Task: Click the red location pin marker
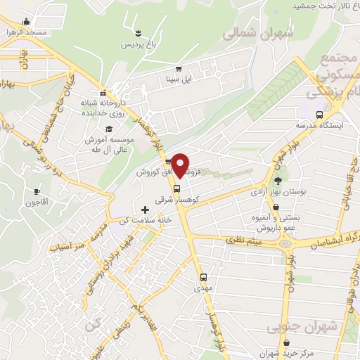click(x=181, y=165)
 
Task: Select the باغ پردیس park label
click(x=137, y=45)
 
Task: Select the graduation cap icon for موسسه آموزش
click(x=110, y=129)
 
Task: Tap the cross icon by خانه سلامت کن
click(x=146, y=209)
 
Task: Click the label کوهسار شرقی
click(x=177, y=200)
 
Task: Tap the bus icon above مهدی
click(x=203, y=276)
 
